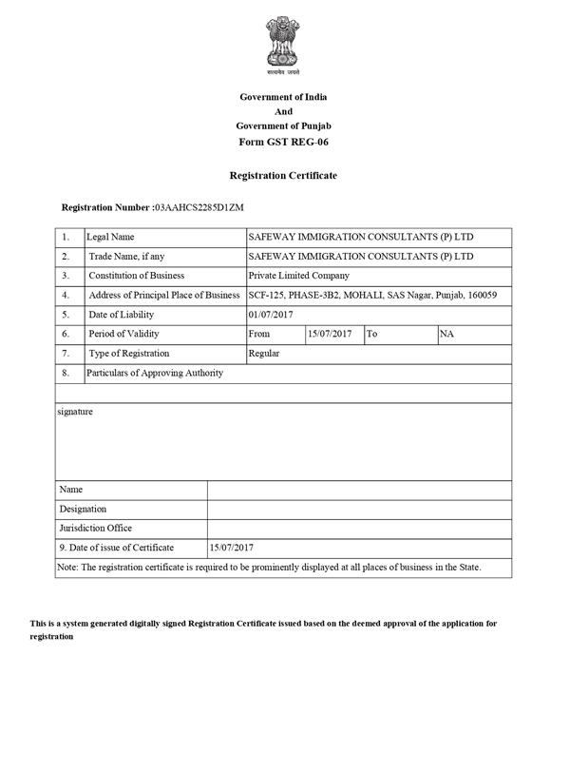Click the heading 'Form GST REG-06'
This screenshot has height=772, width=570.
click(x=284, y=142)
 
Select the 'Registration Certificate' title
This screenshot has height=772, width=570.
click(x=283, y=176)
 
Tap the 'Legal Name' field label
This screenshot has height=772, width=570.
click(x=110, y=237)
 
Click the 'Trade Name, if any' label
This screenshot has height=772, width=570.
click(x=126, y=257)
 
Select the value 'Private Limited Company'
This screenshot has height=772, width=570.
click(x=298, y=276)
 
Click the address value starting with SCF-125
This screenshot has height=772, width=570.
click(x=371, y=295)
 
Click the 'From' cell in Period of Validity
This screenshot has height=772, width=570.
click(x=258, y=334)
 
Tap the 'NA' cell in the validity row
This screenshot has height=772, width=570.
click(x=446, y=334)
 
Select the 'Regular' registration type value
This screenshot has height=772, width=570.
click(x=264, y=353)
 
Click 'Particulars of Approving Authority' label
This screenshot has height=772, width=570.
click(x=155, y=373)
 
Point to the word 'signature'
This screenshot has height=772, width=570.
click(x=76, y=412)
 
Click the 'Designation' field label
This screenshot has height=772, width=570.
click(x=83, y=509)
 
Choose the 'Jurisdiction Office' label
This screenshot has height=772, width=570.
click(x=96, y=528)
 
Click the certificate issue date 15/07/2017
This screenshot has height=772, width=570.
click(x=231, y=548)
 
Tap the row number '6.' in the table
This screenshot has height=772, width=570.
click(x=66, y=334)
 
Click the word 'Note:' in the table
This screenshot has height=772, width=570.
click(x=69, y=568)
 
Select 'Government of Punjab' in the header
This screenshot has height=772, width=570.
click(x=284, y=126)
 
